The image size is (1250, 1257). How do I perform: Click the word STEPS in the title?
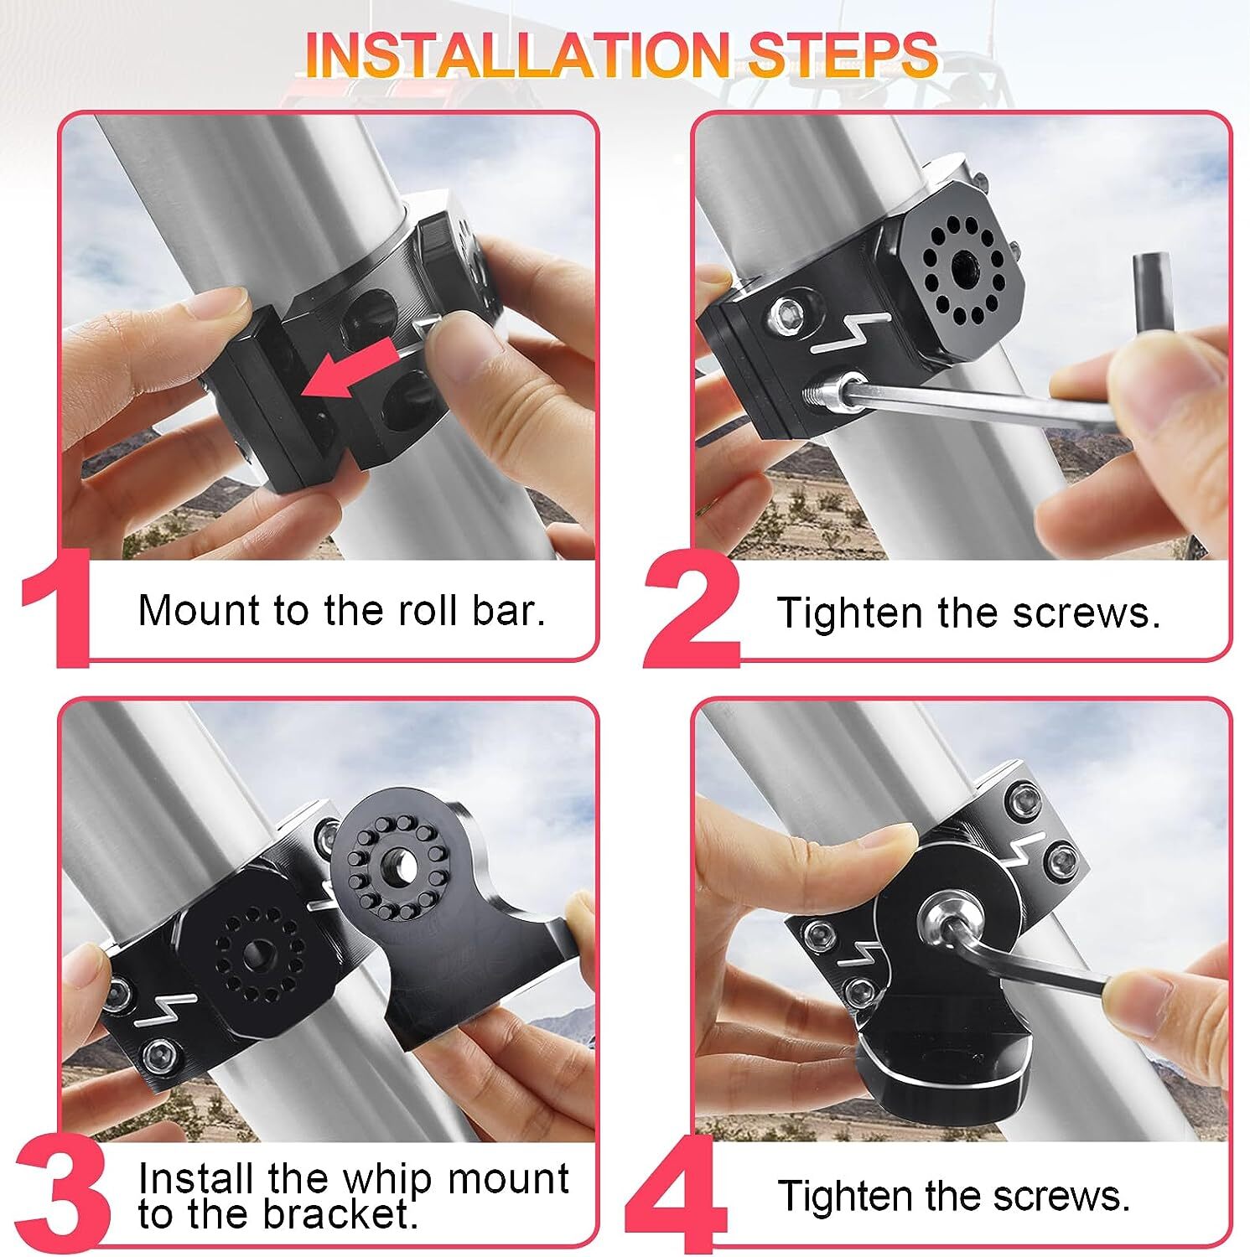tap(842, 54)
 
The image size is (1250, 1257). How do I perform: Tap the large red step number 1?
tap(56, 608)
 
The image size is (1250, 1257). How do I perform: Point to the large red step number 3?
tap(63, 1194)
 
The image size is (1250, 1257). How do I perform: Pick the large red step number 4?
tap(677, 1194)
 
